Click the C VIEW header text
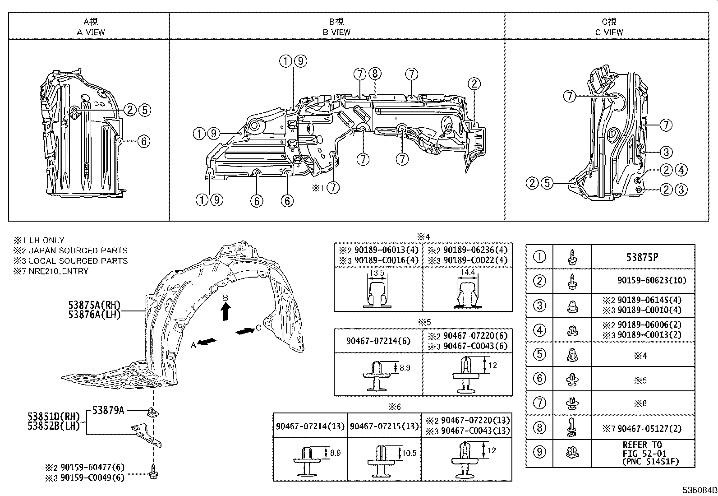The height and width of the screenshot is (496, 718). [609, 32]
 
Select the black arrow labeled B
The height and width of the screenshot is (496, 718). [226, 311]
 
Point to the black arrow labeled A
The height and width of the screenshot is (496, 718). [207, 342]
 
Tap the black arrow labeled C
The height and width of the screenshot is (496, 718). [244, 331]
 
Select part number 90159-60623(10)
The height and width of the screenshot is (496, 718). [652, 281]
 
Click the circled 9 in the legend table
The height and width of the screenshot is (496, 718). [539, 452]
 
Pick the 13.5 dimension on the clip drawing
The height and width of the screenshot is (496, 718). [377, 273]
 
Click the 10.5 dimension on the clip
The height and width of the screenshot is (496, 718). [409, 453]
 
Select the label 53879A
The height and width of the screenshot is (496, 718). [108, 410]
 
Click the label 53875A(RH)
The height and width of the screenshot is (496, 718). [95, 305]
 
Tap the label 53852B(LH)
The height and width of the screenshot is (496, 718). [53, 426]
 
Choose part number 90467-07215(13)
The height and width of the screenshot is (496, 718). [383, 426]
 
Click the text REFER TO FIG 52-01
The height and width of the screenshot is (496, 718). [642, 449]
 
